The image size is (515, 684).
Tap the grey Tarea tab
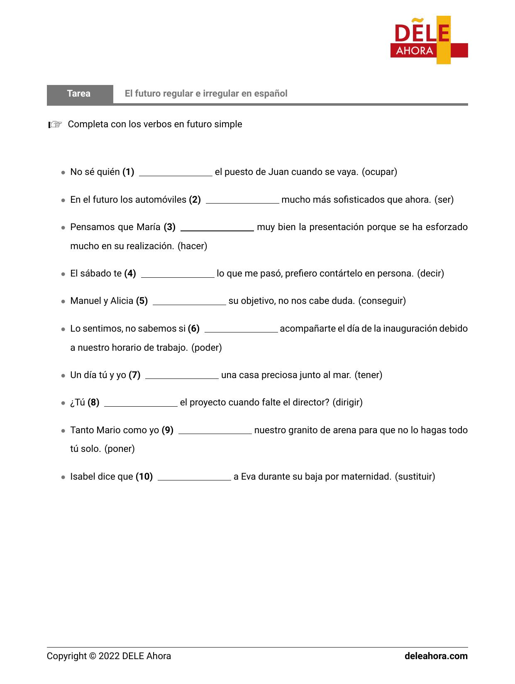[x=79, y=94]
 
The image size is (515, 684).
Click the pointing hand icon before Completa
[x=55, y=124]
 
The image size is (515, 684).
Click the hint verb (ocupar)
[x=379, y=172]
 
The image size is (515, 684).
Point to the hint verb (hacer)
[x=192, y=246]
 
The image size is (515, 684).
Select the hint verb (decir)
[x=430, y=274]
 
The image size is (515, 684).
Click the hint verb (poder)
[x=207, y=348]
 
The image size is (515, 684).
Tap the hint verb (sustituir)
[x=415, y=477]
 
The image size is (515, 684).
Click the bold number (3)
[x=169, y=227]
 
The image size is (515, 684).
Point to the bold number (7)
[x=134, y=375]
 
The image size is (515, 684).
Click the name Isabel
[x=83, y=477]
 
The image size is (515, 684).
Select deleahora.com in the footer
[x=436, y=656]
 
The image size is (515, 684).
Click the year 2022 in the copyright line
[x=109, y=656]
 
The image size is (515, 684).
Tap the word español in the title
[x=271, y=94]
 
